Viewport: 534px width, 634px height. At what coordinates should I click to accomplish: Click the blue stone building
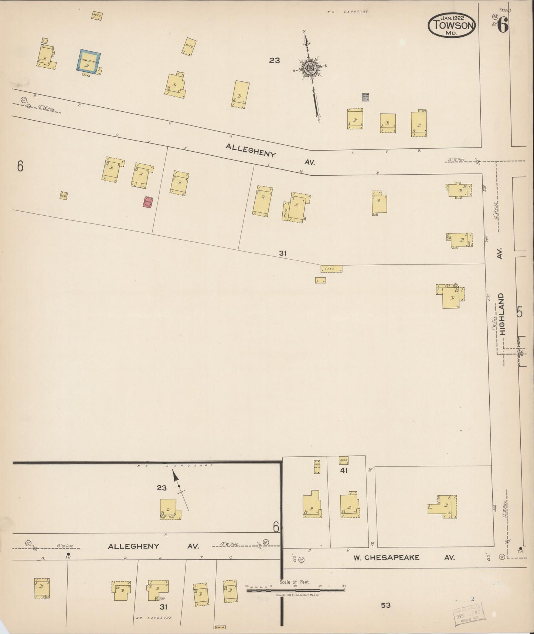(89, 61)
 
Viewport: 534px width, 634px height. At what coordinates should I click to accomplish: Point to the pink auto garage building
(148, 202)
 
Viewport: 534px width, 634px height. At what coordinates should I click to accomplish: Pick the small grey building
(365, 97)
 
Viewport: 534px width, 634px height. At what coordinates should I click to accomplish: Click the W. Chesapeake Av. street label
(386, 557)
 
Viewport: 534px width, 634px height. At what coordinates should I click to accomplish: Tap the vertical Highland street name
(502, 314)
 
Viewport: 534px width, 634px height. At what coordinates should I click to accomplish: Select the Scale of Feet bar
(295, 590)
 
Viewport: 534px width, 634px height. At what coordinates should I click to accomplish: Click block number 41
(344, 471)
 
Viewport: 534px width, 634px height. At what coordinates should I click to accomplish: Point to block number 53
(386, 605)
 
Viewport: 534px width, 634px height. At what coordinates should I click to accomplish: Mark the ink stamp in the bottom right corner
(468, 616)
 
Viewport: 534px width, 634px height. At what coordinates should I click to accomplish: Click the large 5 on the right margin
(520, 313)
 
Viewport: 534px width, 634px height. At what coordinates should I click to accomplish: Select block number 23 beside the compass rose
(275, 60)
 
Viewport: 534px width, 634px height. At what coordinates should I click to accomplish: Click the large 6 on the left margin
(20, 166)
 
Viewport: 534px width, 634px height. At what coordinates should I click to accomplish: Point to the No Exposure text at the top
(348, 12)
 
